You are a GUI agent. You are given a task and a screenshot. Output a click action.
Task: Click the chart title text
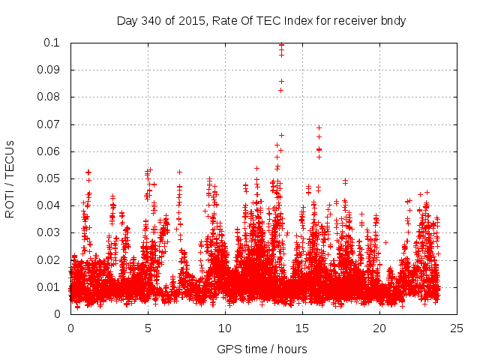click(261, 21)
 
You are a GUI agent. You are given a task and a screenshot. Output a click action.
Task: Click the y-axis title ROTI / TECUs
click(10, 178)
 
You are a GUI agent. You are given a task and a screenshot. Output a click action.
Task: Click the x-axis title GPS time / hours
click(261, 349)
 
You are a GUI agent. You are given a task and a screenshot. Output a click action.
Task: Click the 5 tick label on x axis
click(148, 328)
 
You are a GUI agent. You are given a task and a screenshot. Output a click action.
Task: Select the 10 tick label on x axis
click(225, 328)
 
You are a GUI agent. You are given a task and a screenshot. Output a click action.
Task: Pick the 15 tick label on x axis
click(302, 328)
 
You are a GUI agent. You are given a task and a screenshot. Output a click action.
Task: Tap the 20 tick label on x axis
click(379, 328)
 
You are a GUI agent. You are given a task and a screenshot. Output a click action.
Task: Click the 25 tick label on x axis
click(457, 328)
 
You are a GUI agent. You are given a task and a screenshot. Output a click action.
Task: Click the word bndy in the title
click(392, 21)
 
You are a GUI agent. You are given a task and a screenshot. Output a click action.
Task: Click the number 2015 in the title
click(192, 21)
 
